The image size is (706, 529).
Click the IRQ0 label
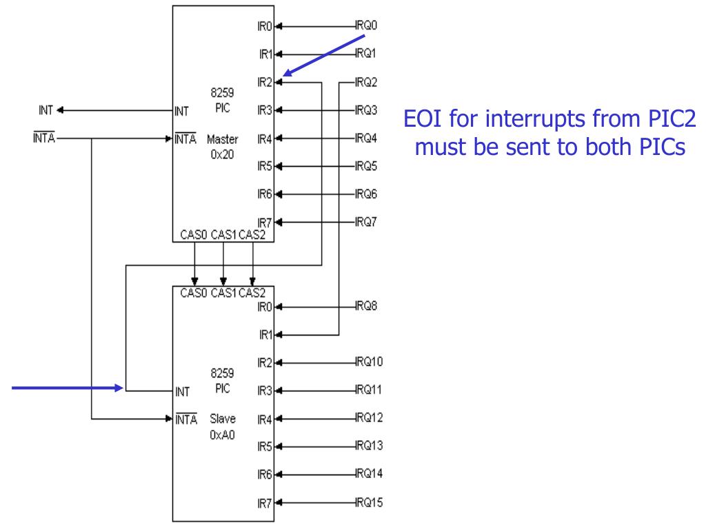coord(366,25)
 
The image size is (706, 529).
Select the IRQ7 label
coord(366,222)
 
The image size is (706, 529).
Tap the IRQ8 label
coord(366,307)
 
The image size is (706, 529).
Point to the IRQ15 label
coord(369,502)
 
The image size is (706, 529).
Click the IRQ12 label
coord(369,418)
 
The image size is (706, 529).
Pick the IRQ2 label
coord(366,82)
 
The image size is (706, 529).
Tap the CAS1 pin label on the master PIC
coord(225,236)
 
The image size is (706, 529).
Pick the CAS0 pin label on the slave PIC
coord(194,292)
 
